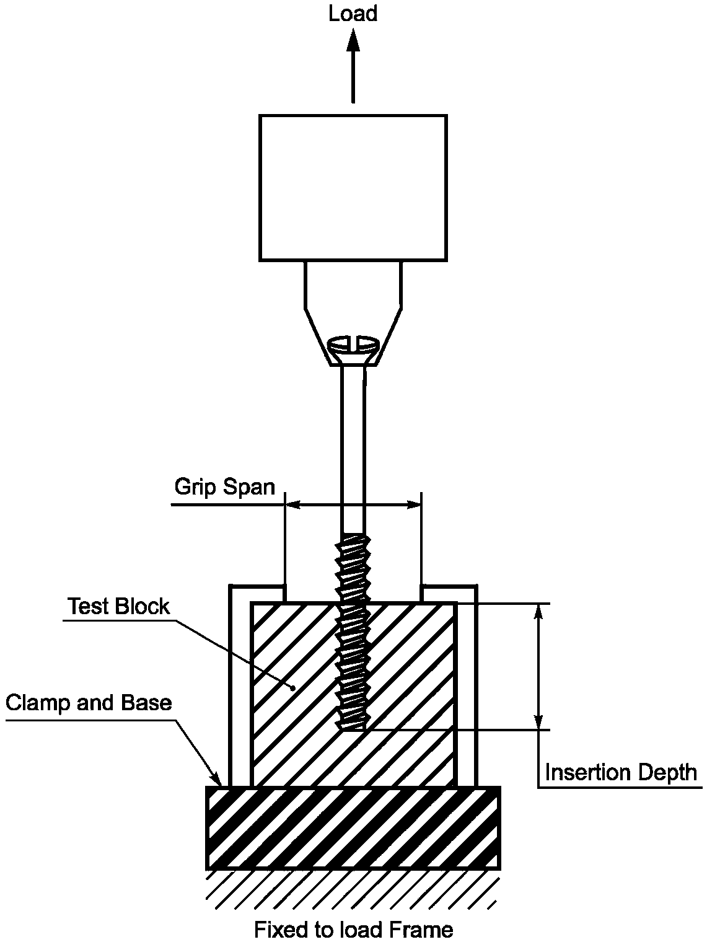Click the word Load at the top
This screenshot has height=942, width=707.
[x=353, y=14]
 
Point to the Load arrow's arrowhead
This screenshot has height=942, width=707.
[x=353, y=40]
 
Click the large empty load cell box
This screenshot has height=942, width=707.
[x=353, y=187]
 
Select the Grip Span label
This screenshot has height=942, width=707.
[x=224, y=487]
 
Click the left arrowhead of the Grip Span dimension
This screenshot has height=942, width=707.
[x=292, y=505]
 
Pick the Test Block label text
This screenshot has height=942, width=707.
[x=118, y=606]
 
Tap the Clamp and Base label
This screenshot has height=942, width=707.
[x=89, y=703]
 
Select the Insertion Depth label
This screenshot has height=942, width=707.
[x=620, y=773]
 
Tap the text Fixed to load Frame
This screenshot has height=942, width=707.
[x=353, y=930]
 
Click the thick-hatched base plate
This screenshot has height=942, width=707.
[x=353, y=828]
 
